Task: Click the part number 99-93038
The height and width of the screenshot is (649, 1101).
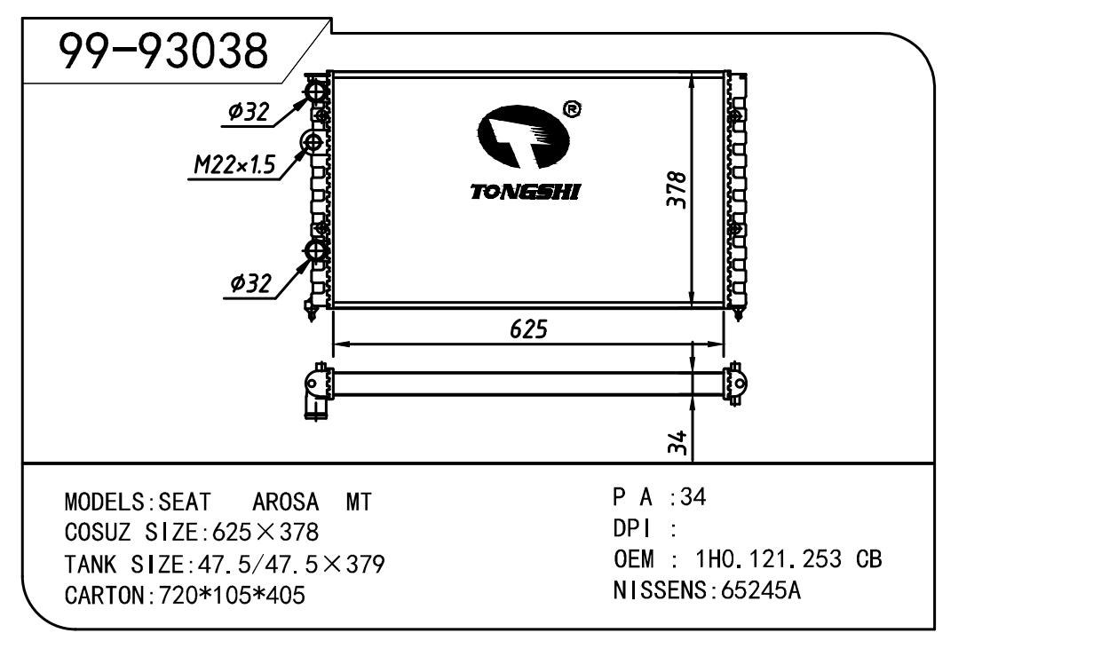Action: [x=163, y=51]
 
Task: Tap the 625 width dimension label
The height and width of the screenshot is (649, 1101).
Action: [x=528, y=329]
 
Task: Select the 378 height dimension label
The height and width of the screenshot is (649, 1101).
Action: [x=677, y=189]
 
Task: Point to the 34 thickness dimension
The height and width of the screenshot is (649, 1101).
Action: [x=677, y=442]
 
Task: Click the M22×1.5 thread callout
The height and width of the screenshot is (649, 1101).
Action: [x=234, y=164]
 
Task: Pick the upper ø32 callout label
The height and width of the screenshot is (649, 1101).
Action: [x=249, y=112]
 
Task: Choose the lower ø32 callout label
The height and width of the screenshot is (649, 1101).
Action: [x=250, y=283]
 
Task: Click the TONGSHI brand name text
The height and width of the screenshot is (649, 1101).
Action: [x=526, y=192]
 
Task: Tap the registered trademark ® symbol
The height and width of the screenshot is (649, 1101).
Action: [x=571, y=109]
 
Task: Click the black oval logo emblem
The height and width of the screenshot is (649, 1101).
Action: [x=524, y=137]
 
